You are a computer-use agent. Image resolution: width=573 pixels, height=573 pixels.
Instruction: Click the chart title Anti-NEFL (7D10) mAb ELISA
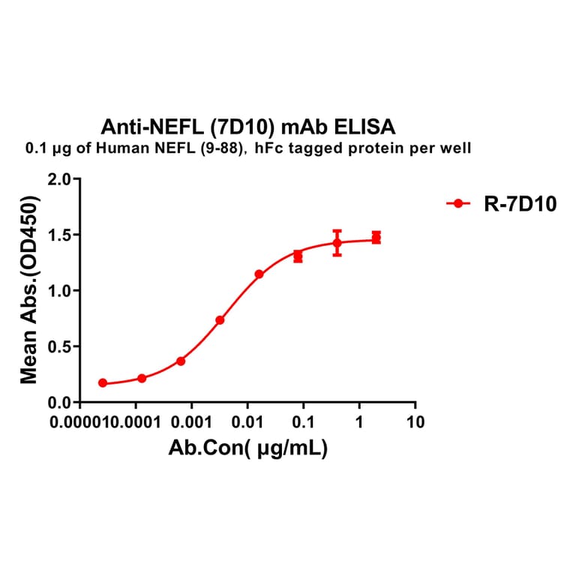(247, 125)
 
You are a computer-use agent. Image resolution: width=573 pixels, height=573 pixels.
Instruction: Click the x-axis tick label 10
(415, 422)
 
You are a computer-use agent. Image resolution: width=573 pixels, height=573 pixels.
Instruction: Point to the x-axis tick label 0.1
(303, 422)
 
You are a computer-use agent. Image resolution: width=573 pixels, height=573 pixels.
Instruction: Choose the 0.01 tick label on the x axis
(247, 422)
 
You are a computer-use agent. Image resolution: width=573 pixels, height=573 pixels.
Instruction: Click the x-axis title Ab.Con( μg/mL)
(248, 448)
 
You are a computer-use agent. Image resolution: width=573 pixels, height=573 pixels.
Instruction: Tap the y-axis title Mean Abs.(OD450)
(30, 290)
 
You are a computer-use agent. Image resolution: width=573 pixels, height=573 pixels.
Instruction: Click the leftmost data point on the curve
(103, 383)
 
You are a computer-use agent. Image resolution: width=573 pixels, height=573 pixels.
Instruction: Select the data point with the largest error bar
(337, 242)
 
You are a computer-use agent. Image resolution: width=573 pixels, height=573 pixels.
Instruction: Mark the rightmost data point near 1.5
(376, 237)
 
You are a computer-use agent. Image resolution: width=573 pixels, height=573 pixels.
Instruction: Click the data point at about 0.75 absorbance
(220, 320)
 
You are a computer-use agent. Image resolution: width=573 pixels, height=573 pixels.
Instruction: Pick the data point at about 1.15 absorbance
(259, 274)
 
